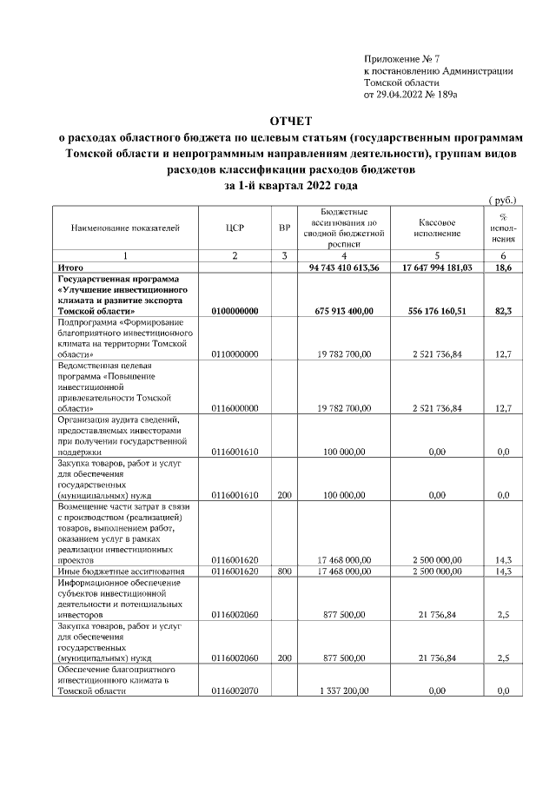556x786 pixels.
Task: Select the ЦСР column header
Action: pos(235,228)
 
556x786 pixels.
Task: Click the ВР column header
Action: pos(283,228)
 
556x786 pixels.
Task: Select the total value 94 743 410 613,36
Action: pos(345,268)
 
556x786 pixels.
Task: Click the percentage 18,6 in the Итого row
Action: pos(502,268)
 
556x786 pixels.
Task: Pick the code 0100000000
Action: pos(235,310)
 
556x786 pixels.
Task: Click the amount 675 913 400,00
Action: pos(345,310)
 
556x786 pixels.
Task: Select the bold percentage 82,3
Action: pos(502,310)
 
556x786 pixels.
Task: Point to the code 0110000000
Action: pos(235,354)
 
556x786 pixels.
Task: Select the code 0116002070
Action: pos(235,691)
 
